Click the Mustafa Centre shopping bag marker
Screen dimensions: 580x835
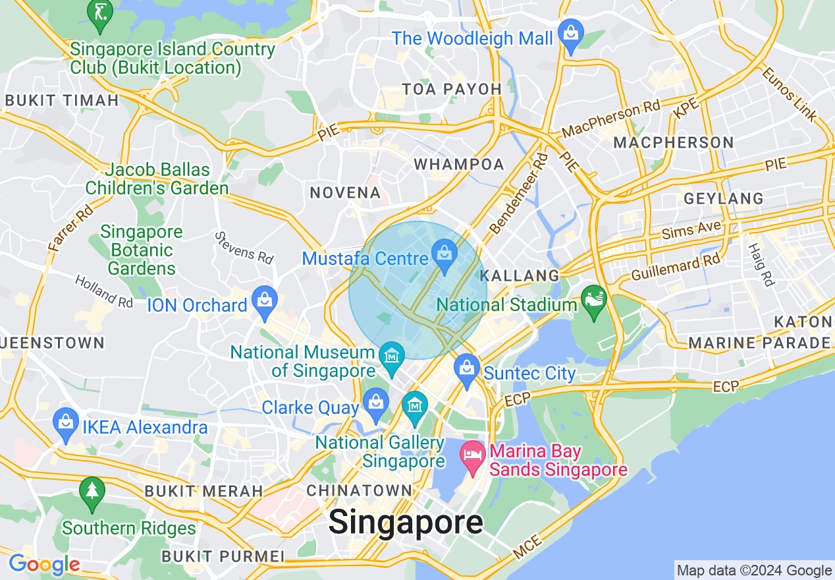[445, 252]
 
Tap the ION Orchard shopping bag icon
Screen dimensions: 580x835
[265, 300]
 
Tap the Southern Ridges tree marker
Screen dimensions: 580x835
[92, 492]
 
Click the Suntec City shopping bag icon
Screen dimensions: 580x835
[467, 368]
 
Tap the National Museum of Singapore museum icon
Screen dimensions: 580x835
[392, 357]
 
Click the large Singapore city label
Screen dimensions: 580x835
[406, 523]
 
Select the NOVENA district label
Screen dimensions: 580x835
[346, 193]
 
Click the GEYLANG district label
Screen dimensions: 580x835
[724, 198]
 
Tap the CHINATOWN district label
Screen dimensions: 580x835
[359, 490]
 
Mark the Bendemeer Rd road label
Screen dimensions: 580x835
[519, 193]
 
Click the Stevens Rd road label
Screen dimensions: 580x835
[244, 248]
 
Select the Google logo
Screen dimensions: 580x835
[44, 565]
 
